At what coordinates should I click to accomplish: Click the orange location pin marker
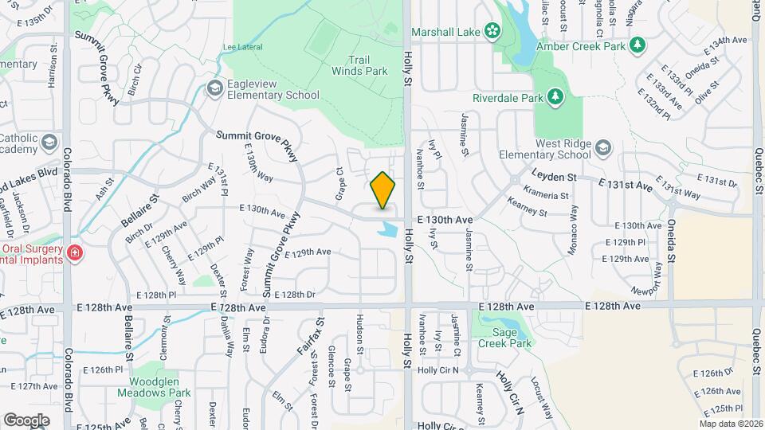(383, 190)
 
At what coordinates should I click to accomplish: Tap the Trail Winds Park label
(367, 65)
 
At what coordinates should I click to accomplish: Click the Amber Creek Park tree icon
(637, 45)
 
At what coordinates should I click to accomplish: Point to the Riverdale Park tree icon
(555, 97)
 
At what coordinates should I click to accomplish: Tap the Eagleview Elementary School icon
(214, 88)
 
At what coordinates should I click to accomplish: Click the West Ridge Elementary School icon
(604, 148)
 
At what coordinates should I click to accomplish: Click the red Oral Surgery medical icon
(75, 253)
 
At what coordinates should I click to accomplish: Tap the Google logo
(26, 420)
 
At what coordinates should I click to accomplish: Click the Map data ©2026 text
(730, 424)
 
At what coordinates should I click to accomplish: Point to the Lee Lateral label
(242, 47)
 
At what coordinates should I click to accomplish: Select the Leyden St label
(555, 176)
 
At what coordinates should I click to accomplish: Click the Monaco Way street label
(572, 232)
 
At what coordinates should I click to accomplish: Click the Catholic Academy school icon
(49, 142)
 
